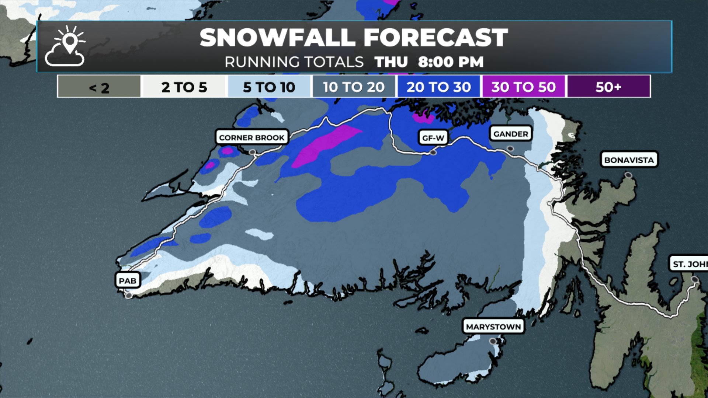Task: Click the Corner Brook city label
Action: pyautogui.click(x=252, y=137)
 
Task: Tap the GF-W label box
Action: pyautogui.click(x=433, y=138)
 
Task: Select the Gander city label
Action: pyautogui.click(x=510, y=134)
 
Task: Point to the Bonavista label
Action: pyautogui.click(x=629, y=160)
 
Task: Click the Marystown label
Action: pyautogui.click(x=493, y=327)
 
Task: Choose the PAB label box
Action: pyautogui.click(x=128, y=280)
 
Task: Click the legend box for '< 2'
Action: pyautogui.click(x=99, y=87)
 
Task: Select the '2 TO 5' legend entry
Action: pyautogui.click(x=184, y=87)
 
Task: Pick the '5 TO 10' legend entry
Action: pyautogui.click(x=269, y=87)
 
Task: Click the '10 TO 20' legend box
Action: pyautogui.click(x=354, y=87)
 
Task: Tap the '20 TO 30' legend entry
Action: pyautogui.click(x=438, y=87)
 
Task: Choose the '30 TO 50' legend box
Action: pyautogui.click(x=523, y=87)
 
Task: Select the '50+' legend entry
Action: pyautogui.click(x=608, y=87)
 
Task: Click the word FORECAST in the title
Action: pyautogui.click(x=435, y=38)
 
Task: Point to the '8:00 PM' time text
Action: pyautogui.click(x=451, y=62)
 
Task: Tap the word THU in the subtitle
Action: pyautogui.click(x=391, y=62)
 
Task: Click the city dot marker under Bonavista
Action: pyautogui.click(x=628, y=175)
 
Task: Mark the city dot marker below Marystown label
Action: pyautogui.click(x=493, y=341)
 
